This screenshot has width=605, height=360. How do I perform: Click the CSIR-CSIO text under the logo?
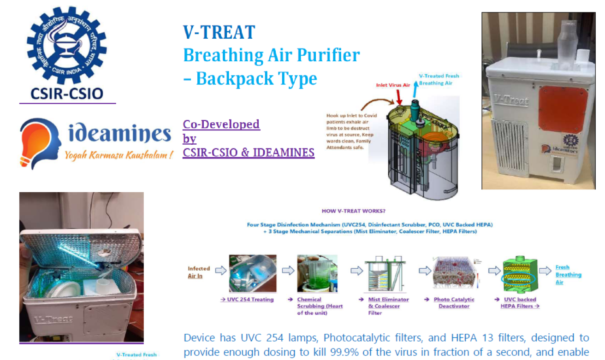click(x=67, y=94)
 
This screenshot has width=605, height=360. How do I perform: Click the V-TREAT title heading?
click(x=219, y=33)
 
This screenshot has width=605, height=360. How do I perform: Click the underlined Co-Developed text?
click(x=221, y=124)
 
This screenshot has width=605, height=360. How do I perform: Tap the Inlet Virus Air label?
click(x=393, y=85)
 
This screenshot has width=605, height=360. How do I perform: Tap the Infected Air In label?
click(x=199, y=272)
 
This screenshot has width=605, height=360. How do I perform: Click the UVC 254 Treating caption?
click(x=247, y=300)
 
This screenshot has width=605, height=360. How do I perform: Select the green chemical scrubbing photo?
click(x=317, y=273)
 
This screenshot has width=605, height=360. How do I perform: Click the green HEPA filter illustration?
click(x=518, y=274)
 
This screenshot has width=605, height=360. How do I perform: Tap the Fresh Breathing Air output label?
click(x=568, y=274)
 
